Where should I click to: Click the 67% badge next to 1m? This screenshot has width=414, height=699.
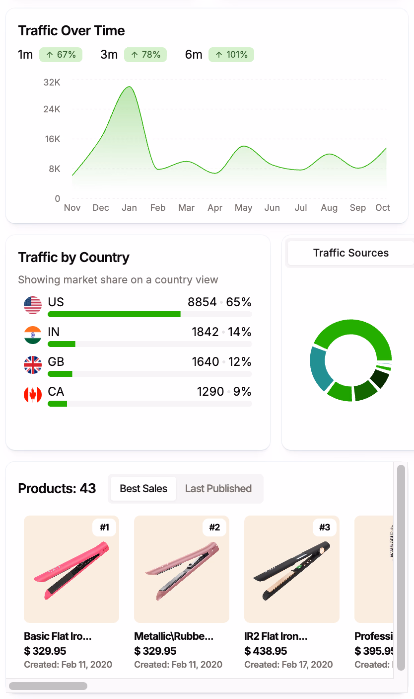(61, 55)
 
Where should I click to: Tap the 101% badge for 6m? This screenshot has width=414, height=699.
(231, 55)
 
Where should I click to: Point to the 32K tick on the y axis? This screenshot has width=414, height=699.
(52, 82)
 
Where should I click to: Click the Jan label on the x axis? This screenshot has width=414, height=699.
(129, 208)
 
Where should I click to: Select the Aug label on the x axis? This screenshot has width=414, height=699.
(329, 208)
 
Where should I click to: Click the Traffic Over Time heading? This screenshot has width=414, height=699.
(71, 31)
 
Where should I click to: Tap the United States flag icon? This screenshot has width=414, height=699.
(33, 305)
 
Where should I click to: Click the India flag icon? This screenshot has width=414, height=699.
(33, 335)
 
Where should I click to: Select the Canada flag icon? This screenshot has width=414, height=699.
(33, 395)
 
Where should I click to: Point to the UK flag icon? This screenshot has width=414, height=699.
(33, 364)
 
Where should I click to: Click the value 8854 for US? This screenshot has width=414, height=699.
(202, 302)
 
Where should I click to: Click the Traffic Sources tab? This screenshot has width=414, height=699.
(350, 253)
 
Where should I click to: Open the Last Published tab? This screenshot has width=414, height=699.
(218, 489)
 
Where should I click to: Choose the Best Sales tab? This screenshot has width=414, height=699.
(143, 489)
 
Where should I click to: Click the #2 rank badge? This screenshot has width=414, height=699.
(214, 527)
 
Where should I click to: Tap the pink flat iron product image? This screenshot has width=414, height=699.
(71, 569)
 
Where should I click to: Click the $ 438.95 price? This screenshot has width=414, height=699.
(266, 651)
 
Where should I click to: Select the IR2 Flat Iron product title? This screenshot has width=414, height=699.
(276, 636)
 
